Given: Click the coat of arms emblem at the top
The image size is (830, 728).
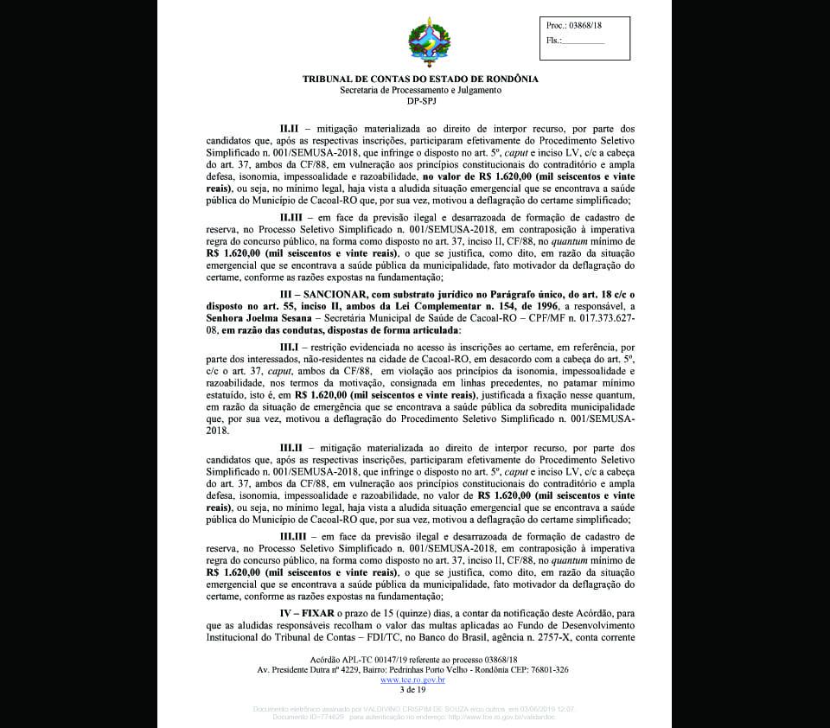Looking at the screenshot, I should [429, 43].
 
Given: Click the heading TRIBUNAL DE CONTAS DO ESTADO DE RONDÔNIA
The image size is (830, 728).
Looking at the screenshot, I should [420, 79].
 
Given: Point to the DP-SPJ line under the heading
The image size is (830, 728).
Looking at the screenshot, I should [420, 101].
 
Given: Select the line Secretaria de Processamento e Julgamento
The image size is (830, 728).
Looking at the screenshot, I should [420, 90].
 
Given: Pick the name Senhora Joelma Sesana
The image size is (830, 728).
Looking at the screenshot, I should [262, 319].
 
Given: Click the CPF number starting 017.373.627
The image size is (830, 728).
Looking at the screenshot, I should [597, 319].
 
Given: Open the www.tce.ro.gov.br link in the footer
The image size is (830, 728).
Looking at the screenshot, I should [412, 680].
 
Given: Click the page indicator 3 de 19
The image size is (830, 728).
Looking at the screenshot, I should [412, 690].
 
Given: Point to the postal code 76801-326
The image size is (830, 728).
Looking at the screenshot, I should [549, 670].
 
